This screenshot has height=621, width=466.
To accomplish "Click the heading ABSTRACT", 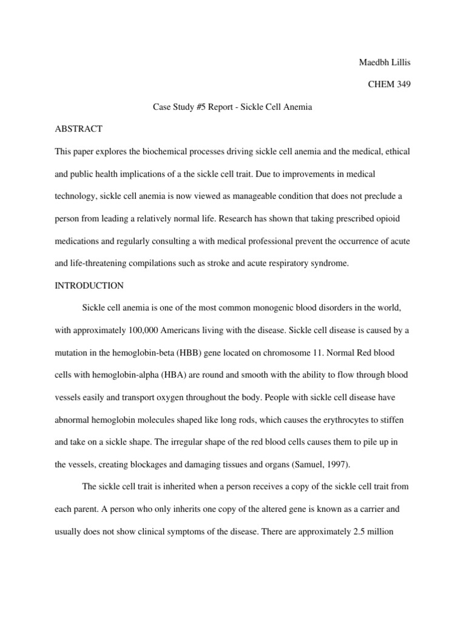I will pyautogui.click(x=79, y=129).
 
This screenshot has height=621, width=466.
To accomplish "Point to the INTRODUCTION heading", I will pyautogui.click(x=90, y=286).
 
